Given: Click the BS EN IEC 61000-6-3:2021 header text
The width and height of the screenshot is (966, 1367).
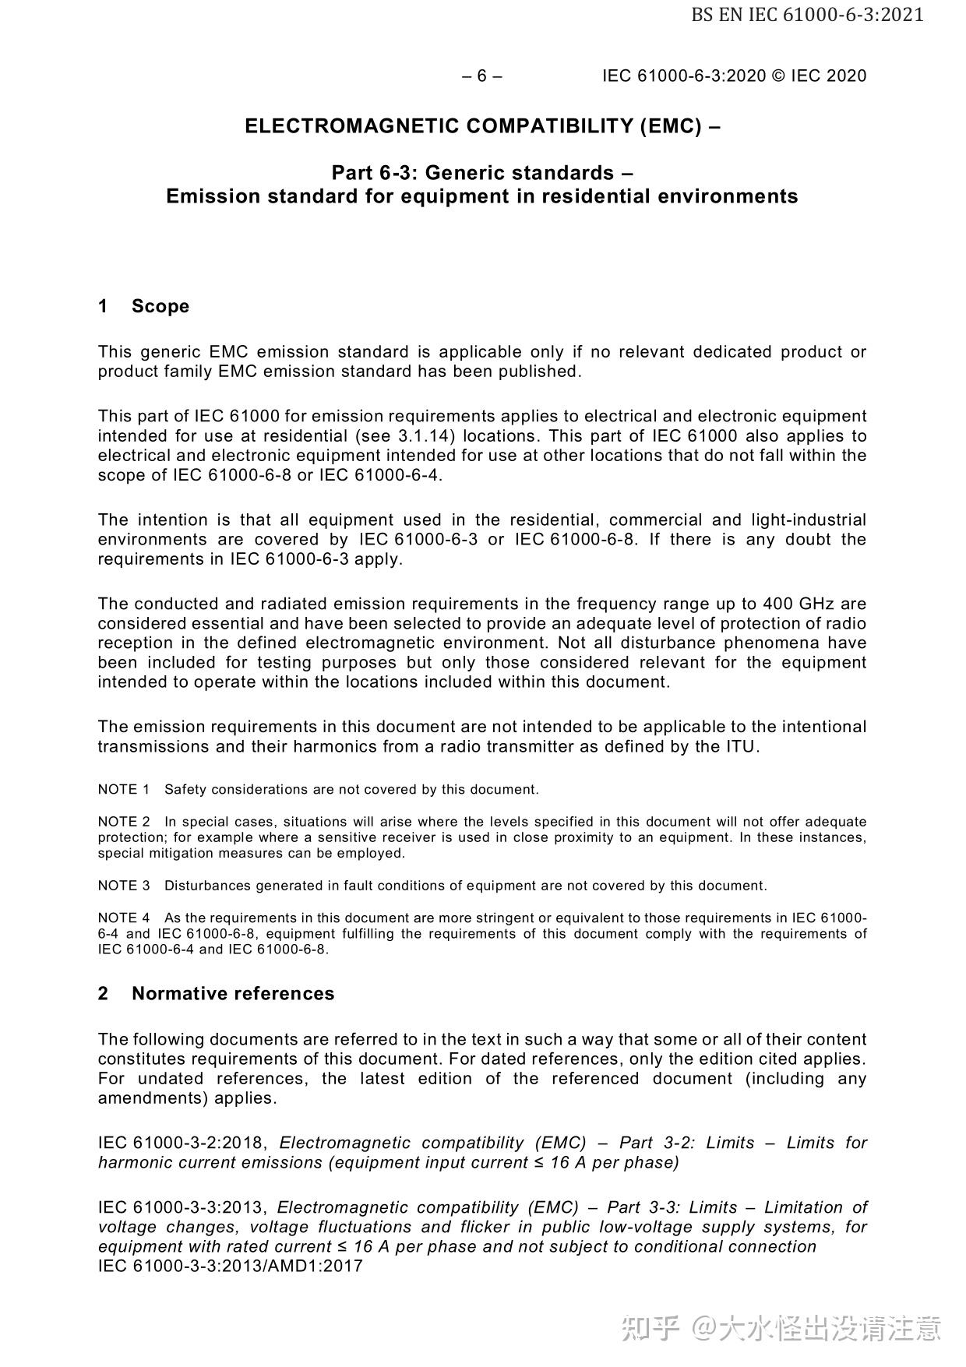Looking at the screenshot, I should [x=807, y=15].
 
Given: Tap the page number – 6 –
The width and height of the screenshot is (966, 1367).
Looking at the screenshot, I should [x=482, y=76].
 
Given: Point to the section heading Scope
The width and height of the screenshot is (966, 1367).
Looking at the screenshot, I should [x=160, y=306].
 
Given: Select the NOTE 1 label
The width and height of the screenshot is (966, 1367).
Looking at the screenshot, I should [x=123, y=790].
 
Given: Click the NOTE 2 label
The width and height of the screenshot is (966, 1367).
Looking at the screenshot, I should [x=123, y=822].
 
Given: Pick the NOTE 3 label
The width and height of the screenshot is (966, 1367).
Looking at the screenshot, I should [x=123, y=886].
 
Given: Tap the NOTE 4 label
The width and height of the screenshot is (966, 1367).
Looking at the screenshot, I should [x=123, y=918].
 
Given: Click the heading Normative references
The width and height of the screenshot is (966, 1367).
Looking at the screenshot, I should [x=232, y=994].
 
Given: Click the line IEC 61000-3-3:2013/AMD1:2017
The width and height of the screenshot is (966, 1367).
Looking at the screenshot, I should [x=230, y=1266].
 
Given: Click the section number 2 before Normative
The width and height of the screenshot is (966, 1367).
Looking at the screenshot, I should [x=103, y=994].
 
